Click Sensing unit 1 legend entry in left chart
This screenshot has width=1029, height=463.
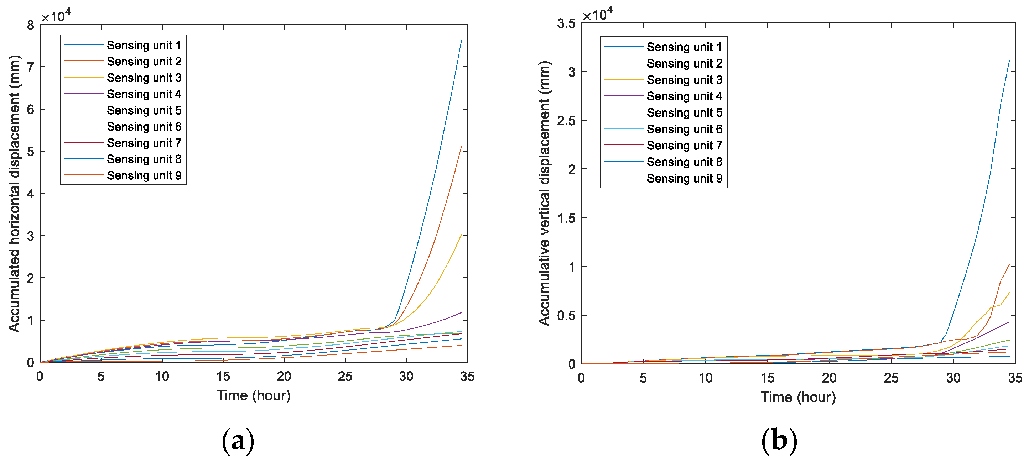click(x=144, y=45)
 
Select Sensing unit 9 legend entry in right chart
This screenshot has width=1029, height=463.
click(x=684, y=178)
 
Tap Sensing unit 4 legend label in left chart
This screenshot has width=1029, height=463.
click(x=144, y=94)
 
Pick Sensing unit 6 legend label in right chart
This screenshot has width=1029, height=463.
click(x=684, y=129)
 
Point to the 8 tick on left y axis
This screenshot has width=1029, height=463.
click(x=31, y=25)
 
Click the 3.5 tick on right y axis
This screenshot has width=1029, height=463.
click(x=566, y=23)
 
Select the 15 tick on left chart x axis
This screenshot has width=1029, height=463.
click(x=223, y=376)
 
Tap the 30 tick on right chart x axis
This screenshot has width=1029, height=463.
click(x=953, y=378)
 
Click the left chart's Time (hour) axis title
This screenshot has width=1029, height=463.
click(x=253, y=395)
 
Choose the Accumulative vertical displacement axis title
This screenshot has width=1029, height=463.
click(x=544, y=193)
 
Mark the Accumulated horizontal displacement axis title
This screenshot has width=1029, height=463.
click(x=14, y=193)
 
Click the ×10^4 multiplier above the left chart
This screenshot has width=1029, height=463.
click(x=56, y=16)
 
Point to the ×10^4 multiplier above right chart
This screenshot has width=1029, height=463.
click(x=597, y=14)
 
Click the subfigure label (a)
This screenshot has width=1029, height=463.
click(x=238, y=441)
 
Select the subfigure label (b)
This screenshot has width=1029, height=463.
click(x=779, y=441)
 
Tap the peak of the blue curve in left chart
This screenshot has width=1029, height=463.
click(x=461, y=40)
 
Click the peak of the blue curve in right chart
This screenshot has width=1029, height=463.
click(x=1009, y=60)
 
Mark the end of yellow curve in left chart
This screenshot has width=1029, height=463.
click(x=461, y=234)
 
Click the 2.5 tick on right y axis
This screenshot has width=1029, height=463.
click(x=566, y=121)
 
